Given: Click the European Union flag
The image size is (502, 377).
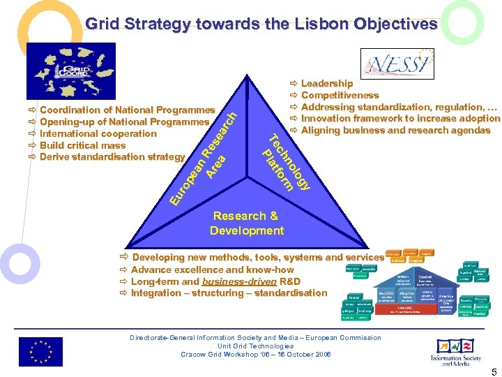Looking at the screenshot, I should coord(40,351).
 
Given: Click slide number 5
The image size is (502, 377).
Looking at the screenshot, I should coord(493,371).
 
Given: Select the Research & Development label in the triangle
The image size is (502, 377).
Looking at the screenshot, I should coord(246,223).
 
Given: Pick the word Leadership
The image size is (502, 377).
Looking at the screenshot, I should coord(326,84).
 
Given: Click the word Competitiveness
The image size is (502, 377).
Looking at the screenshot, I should coord(340,96).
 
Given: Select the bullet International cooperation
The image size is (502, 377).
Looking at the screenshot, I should coord(98,133).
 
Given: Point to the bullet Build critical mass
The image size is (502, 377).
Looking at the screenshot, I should coord(83,145).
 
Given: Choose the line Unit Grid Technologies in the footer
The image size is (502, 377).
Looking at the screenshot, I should coord(255,346).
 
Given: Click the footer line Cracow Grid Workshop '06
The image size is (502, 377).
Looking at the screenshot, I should coord(255,354).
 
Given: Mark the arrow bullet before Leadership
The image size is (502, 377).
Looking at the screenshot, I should coord(294,84).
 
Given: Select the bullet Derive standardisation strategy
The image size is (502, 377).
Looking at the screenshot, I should coord(112,156).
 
